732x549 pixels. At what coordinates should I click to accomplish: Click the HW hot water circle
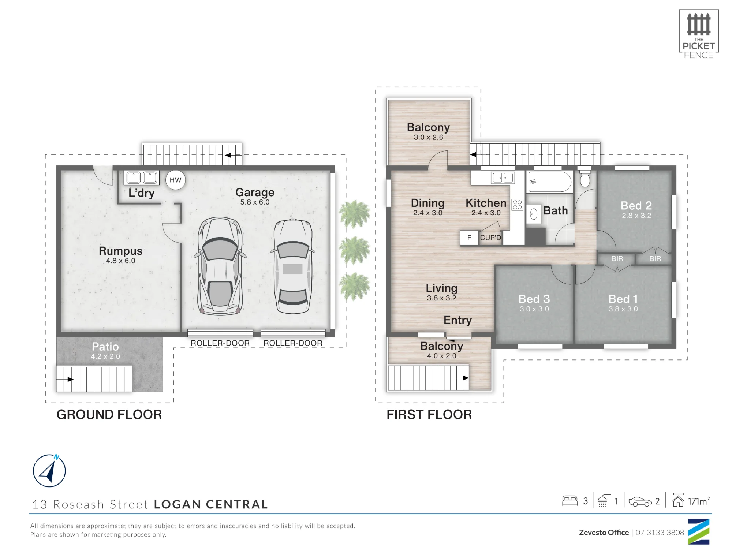[x=175, y=180]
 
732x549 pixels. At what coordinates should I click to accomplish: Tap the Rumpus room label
[x=120, y=251]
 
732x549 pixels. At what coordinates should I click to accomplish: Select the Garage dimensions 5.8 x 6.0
[x=255, y=202]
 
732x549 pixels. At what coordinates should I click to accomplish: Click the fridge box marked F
[x=469, y=238]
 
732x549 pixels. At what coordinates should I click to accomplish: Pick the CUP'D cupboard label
[x=490, y=238]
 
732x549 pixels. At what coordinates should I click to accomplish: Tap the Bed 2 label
[x=636, y=205]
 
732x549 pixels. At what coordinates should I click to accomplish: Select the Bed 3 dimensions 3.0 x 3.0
[x=534, y=309]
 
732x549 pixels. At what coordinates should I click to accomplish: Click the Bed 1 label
[x=623, y=299]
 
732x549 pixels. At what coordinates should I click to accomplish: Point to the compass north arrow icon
[x=49, y=471]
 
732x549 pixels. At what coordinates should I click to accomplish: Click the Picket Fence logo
[x=699, y=34]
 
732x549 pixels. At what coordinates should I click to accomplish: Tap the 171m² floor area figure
[x=699, y=501]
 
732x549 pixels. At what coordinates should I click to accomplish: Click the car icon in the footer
[x=640, y=501]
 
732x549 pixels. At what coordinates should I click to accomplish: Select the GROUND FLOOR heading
[x=109, y=414]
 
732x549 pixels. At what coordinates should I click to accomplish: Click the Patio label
[x=105, y=346]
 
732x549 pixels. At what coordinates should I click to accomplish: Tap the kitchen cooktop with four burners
[x=518, y=205]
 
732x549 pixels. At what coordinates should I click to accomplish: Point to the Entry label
[x=457, y=320]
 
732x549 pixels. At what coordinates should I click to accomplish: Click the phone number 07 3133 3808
[x=660, y=533]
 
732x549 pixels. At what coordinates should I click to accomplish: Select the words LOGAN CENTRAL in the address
[x=211, y=504]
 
